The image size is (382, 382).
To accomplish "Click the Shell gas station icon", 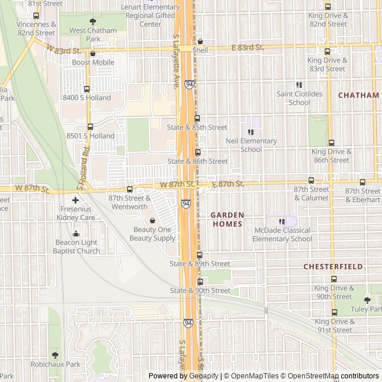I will (200, 42).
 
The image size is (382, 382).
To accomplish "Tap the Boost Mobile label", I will (93, 62).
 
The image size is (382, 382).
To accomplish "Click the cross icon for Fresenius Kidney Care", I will (76, 200).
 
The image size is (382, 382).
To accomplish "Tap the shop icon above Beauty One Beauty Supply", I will (152, 220).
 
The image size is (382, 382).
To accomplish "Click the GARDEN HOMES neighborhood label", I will (227, 219).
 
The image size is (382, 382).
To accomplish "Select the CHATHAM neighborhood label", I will (358, 95).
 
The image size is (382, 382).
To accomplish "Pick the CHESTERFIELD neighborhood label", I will (333, 266).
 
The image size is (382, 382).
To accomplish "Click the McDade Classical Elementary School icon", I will (282, 221).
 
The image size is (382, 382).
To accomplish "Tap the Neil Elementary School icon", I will (251, 132).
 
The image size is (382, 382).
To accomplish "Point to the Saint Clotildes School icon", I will (300, 85).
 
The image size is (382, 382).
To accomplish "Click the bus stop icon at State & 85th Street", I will (198, 118).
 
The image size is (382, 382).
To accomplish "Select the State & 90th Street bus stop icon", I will (200, 281).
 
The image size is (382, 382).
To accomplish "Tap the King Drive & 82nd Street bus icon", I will (328, 7).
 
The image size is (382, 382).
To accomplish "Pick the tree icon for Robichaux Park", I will (56, 355).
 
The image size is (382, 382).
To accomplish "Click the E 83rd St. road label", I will (248, 47).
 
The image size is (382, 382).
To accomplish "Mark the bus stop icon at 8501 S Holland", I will (90, 127).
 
